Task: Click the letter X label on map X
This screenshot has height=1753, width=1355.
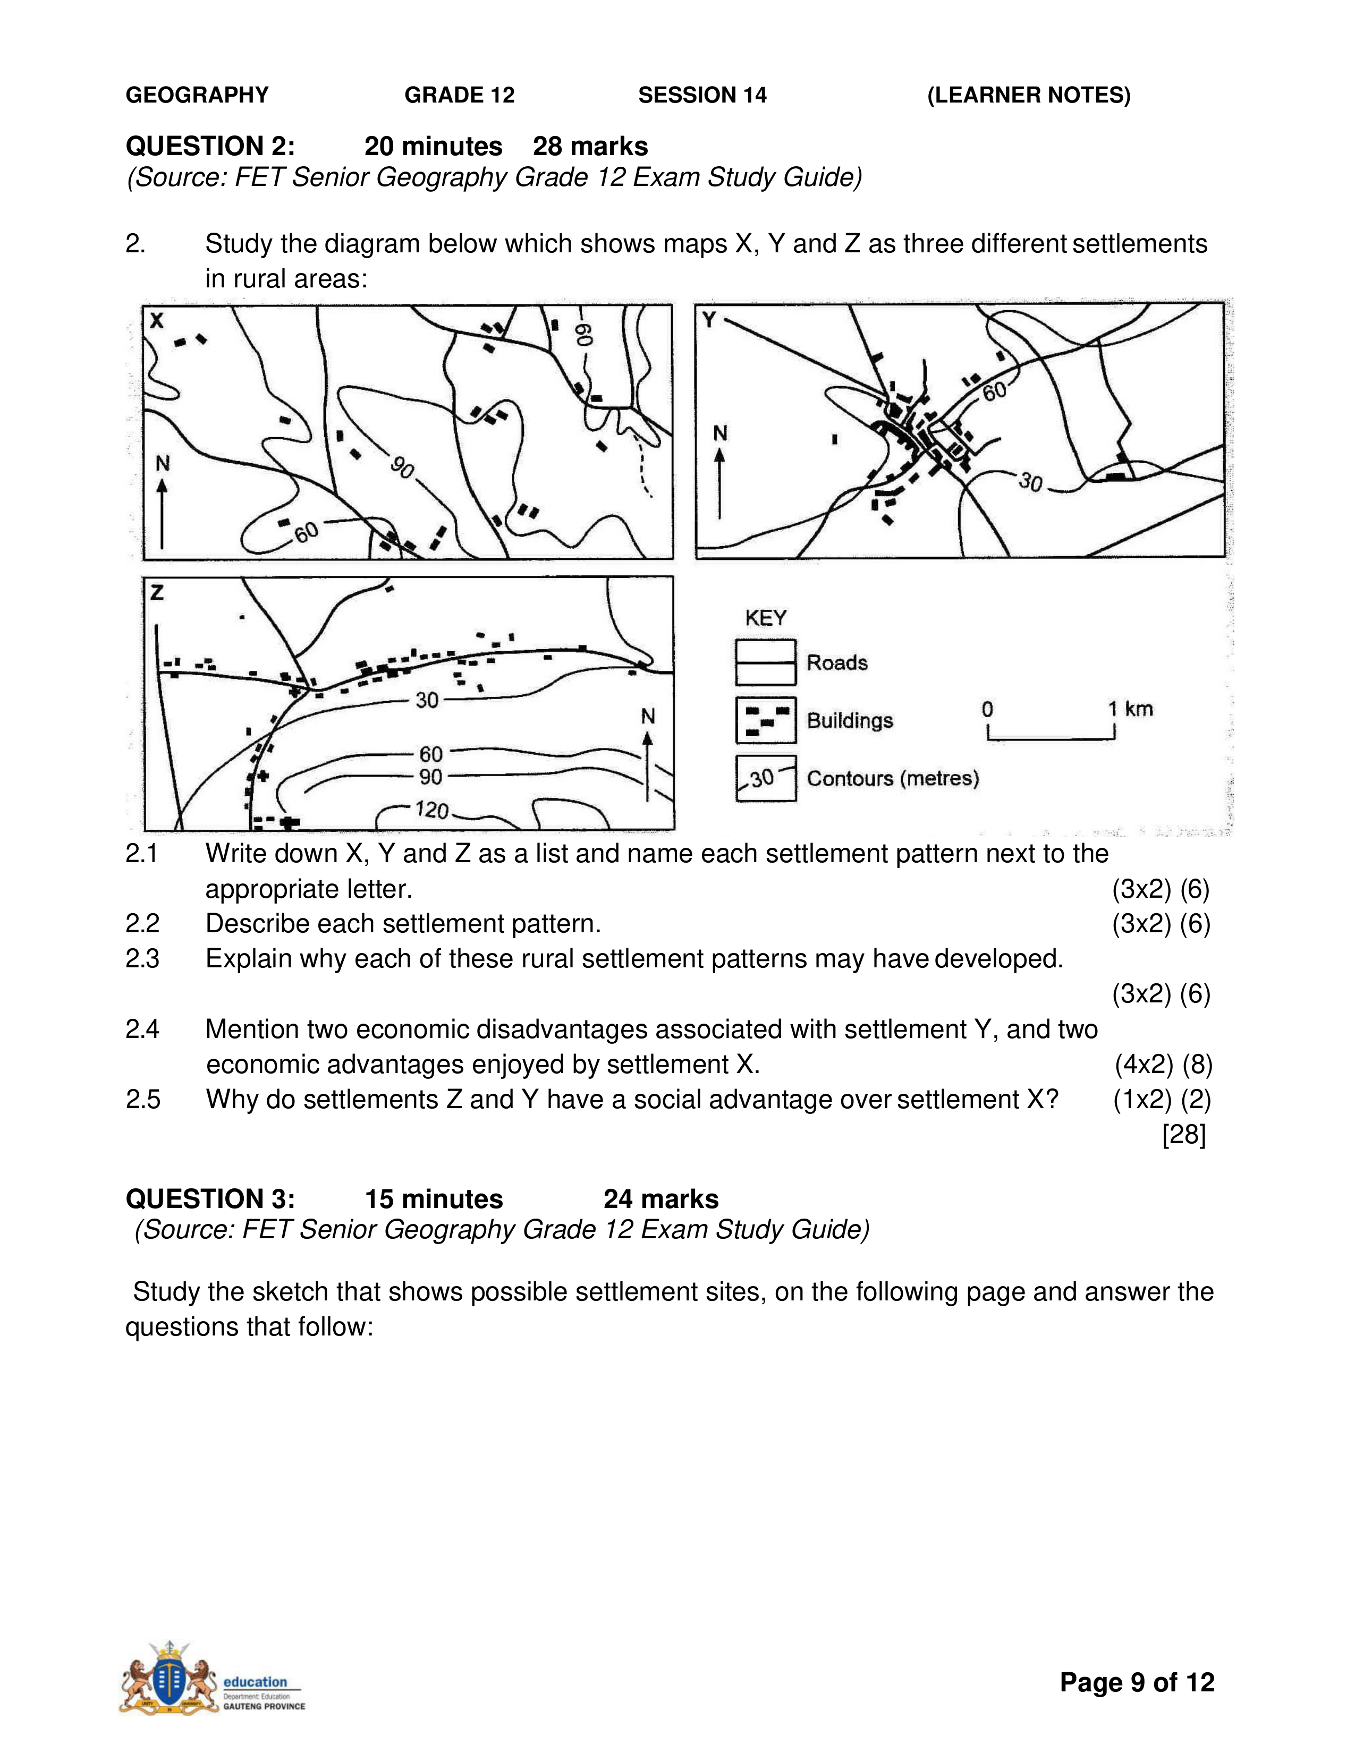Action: click(157, 321)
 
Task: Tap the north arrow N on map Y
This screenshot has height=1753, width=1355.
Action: click(720, 473)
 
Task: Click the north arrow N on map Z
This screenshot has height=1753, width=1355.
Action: click(648, 754)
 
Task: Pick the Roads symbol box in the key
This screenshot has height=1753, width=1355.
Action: click(766, 662)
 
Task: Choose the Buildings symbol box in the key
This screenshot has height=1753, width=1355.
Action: click(766, 720)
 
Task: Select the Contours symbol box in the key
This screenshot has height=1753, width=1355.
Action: click(766, 778)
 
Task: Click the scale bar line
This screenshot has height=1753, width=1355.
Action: click(1051, 737)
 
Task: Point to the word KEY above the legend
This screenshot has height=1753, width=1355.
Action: click(766, 618)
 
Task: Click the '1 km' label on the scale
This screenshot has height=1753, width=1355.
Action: click(1130, 709)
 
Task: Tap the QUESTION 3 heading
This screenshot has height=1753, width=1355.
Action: click(210, 1198)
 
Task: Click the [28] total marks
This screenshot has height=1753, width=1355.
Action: click(1184, 1134)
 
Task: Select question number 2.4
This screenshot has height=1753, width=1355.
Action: click(142, 1029)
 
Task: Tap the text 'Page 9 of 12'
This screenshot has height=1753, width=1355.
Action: click(1137, 1682)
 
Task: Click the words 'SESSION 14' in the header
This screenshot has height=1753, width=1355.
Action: click(702, 96)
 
